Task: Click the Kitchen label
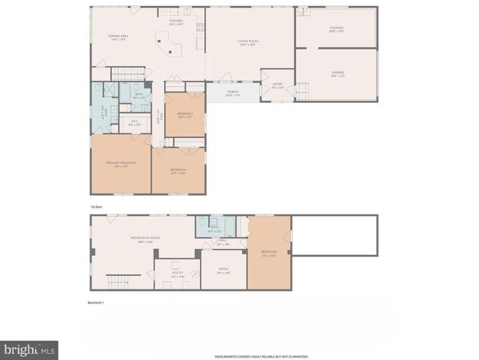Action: point(175,22)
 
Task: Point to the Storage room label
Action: point(336,28)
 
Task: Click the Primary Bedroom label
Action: point(121,163)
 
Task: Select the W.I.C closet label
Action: point(135,122)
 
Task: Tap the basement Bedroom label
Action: point(268,252)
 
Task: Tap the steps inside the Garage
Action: point(303,91)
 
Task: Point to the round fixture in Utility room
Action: point(196,274)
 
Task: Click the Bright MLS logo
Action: point(30,349)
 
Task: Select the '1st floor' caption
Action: point(95,204)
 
